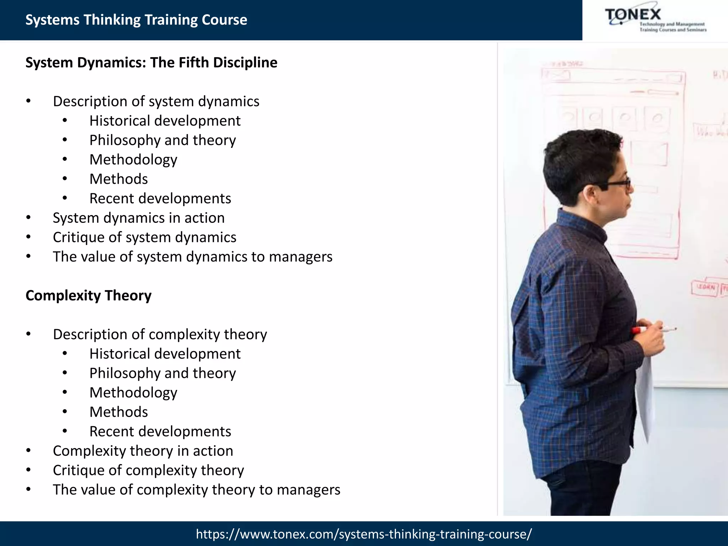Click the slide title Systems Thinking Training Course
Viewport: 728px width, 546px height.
click(136, 20)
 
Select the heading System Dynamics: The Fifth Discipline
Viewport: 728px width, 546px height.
click(151, 63)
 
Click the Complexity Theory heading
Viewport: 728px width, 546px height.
click(89, 295)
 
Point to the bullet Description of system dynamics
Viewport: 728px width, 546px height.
click(156, 102)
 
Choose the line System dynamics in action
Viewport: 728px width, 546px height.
click(139, 218)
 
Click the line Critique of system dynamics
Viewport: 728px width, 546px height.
click(144, 237)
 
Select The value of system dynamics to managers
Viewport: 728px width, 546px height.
click(192, 257)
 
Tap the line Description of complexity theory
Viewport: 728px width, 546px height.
click(160, 334)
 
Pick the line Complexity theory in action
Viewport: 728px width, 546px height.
click(143, 451)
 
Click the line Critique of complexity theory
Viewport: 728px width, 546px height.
click(148, 470)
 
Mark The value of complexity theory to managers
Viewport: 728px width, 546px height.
click(196, 490)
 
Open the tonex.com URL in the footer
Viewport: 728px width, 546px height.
click(364, 534)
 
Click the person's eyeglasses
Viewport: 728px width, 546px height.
click(617, 183)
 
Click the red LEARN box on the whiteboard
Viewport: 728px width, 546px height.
click(705, 287)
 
